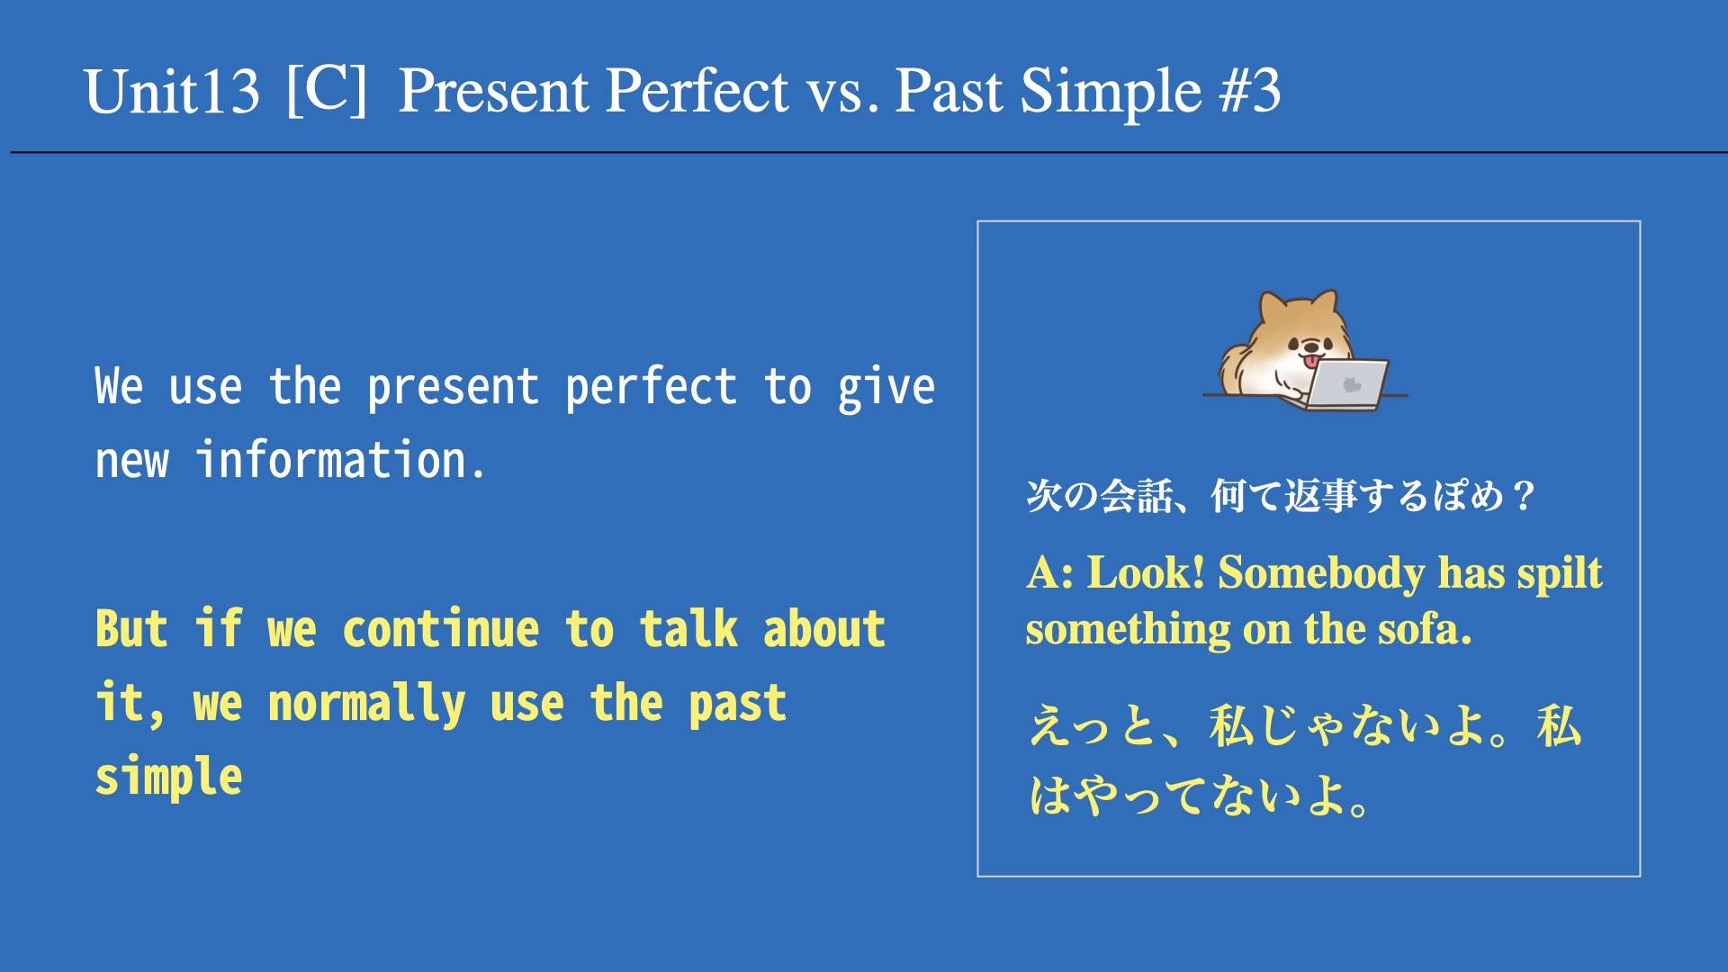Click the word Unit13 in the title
pyautogui.click(x=172, y=92)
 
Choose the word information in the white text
pyautogui.click(x=340, y=460)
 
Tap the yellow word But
pyautogui.click(x=131, y=628)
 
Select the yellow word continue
pyautogui.click(x=441, y=628)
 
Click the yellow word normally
pyautogui.click(x=367, y=704)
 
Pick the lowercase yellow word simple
pyautogui.click(x=169, y=777)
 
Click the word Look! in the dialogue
pyautogui.click(x=1145, y=572)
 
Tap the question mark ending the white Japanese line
pyautogui.click(x=1524, y=496)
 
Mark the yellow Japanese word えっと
pyautogui.click(x=1093, y=725)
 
